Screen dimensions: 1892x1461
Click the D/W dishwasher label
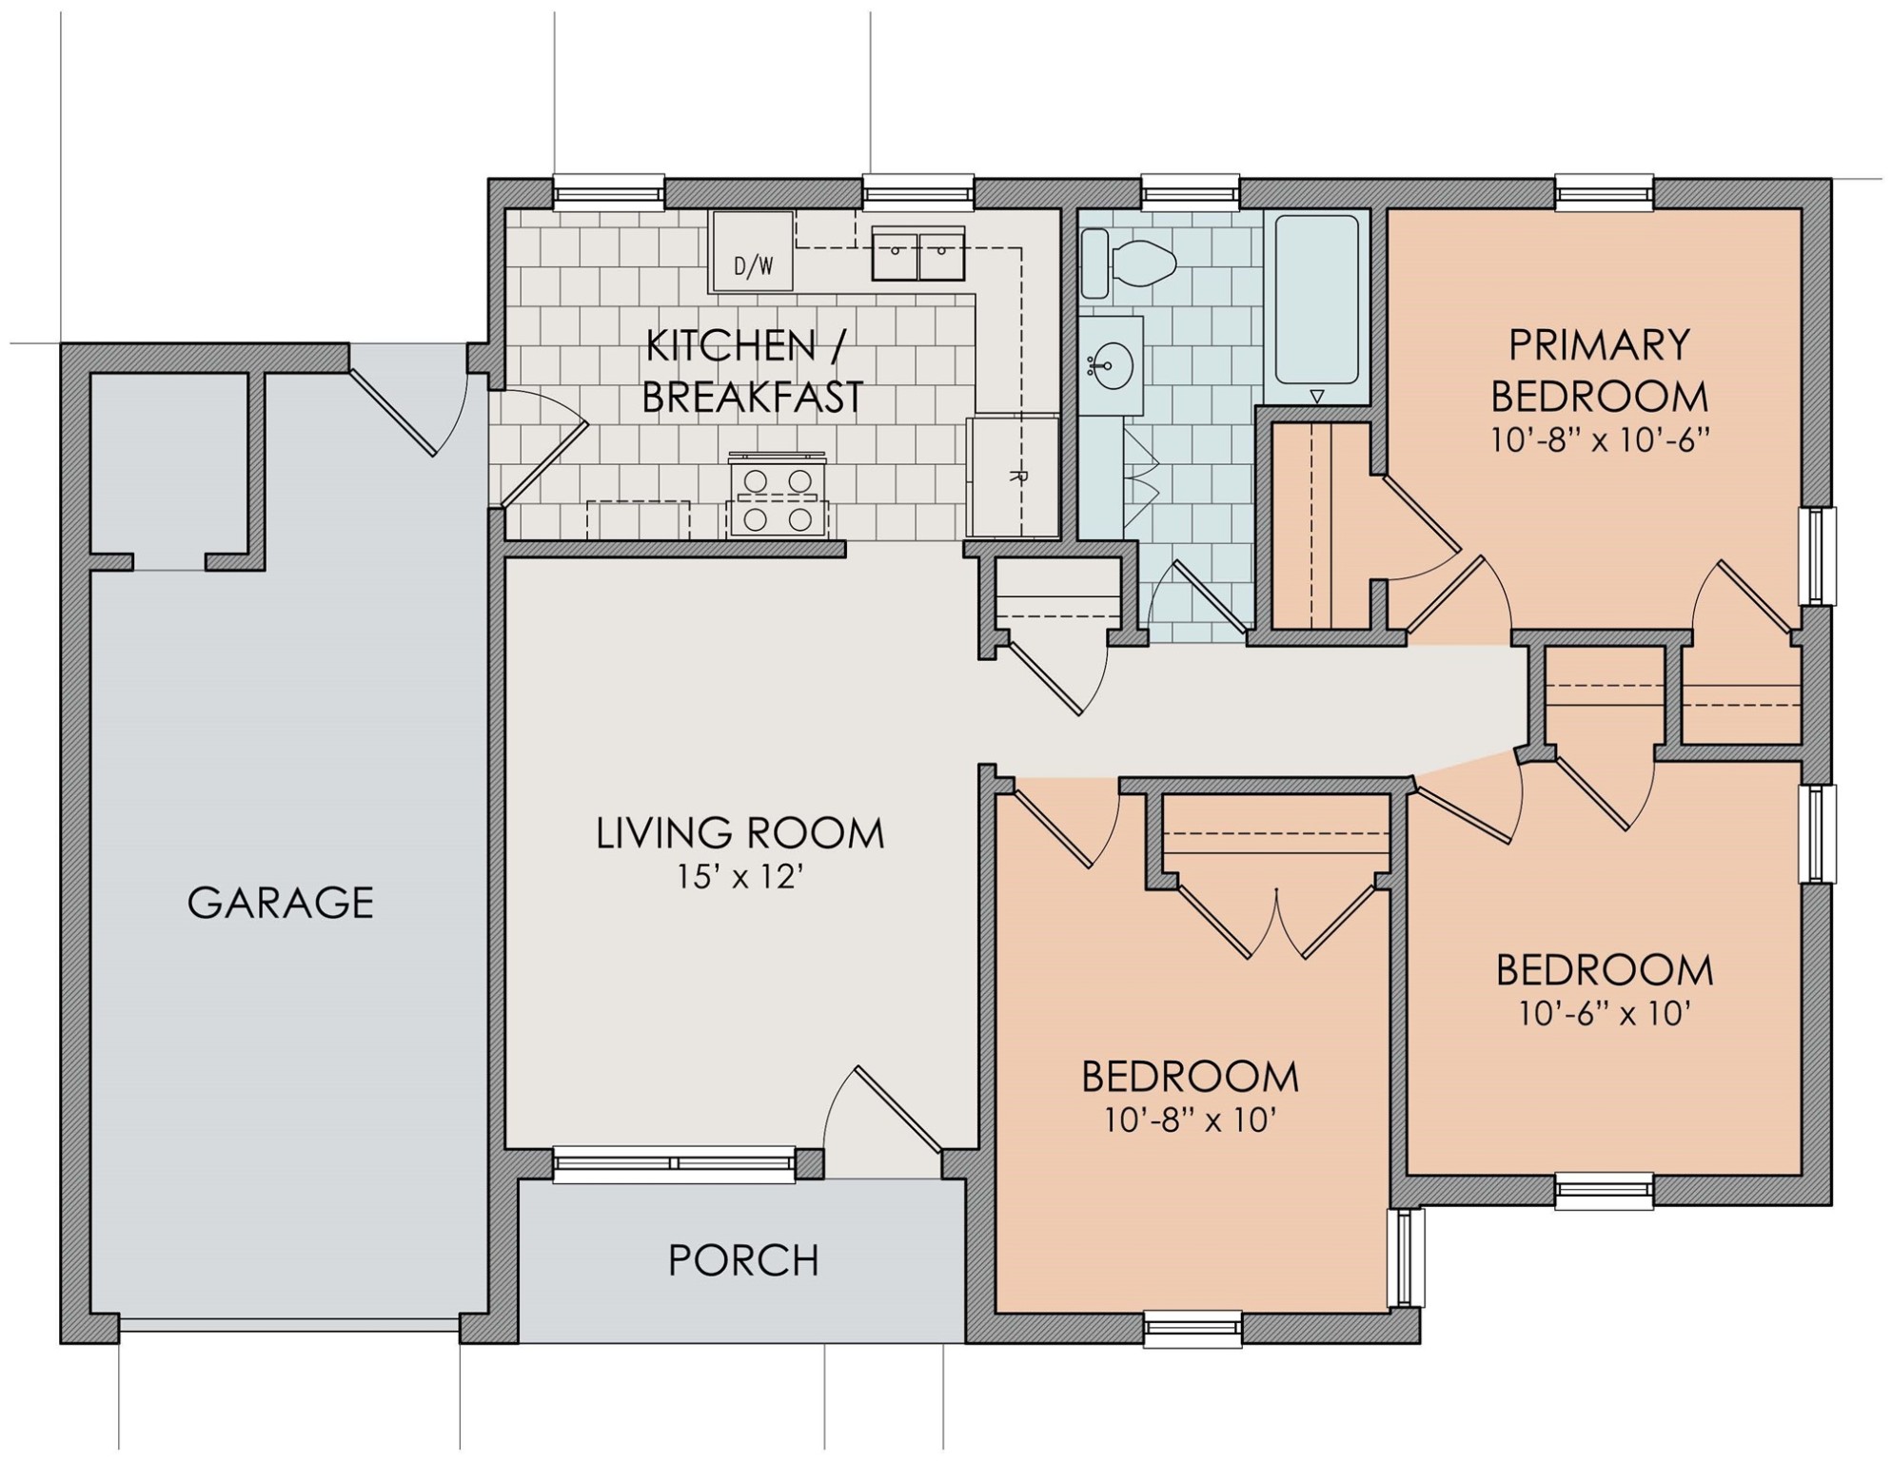pos(754,267)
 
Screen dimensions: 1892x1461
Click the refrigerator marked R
pos(1013,476)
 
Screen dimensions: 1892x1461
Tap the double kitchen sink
pos(917,253)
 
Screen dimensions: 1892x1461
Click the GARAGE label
pos(281,902)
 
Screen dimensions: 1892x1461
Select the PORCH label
pos(743,1260)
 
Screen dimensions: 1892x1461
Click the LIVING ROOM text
pos(739,833)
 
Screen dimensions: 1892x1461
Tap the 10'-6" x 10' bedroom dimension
pos(1604,1013)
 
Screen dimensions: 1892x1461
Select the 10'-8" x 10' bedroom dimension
pos(1190,1120)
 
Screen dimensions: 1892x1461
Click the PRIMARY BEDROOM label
pos(1599,370)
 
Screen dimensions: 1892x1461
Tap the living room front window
pos(674,1163)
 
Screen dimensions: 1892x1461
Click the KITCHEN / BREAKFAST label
pos(752,371)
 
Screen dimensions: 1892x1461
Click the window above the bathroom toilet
pos(1190,192)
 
